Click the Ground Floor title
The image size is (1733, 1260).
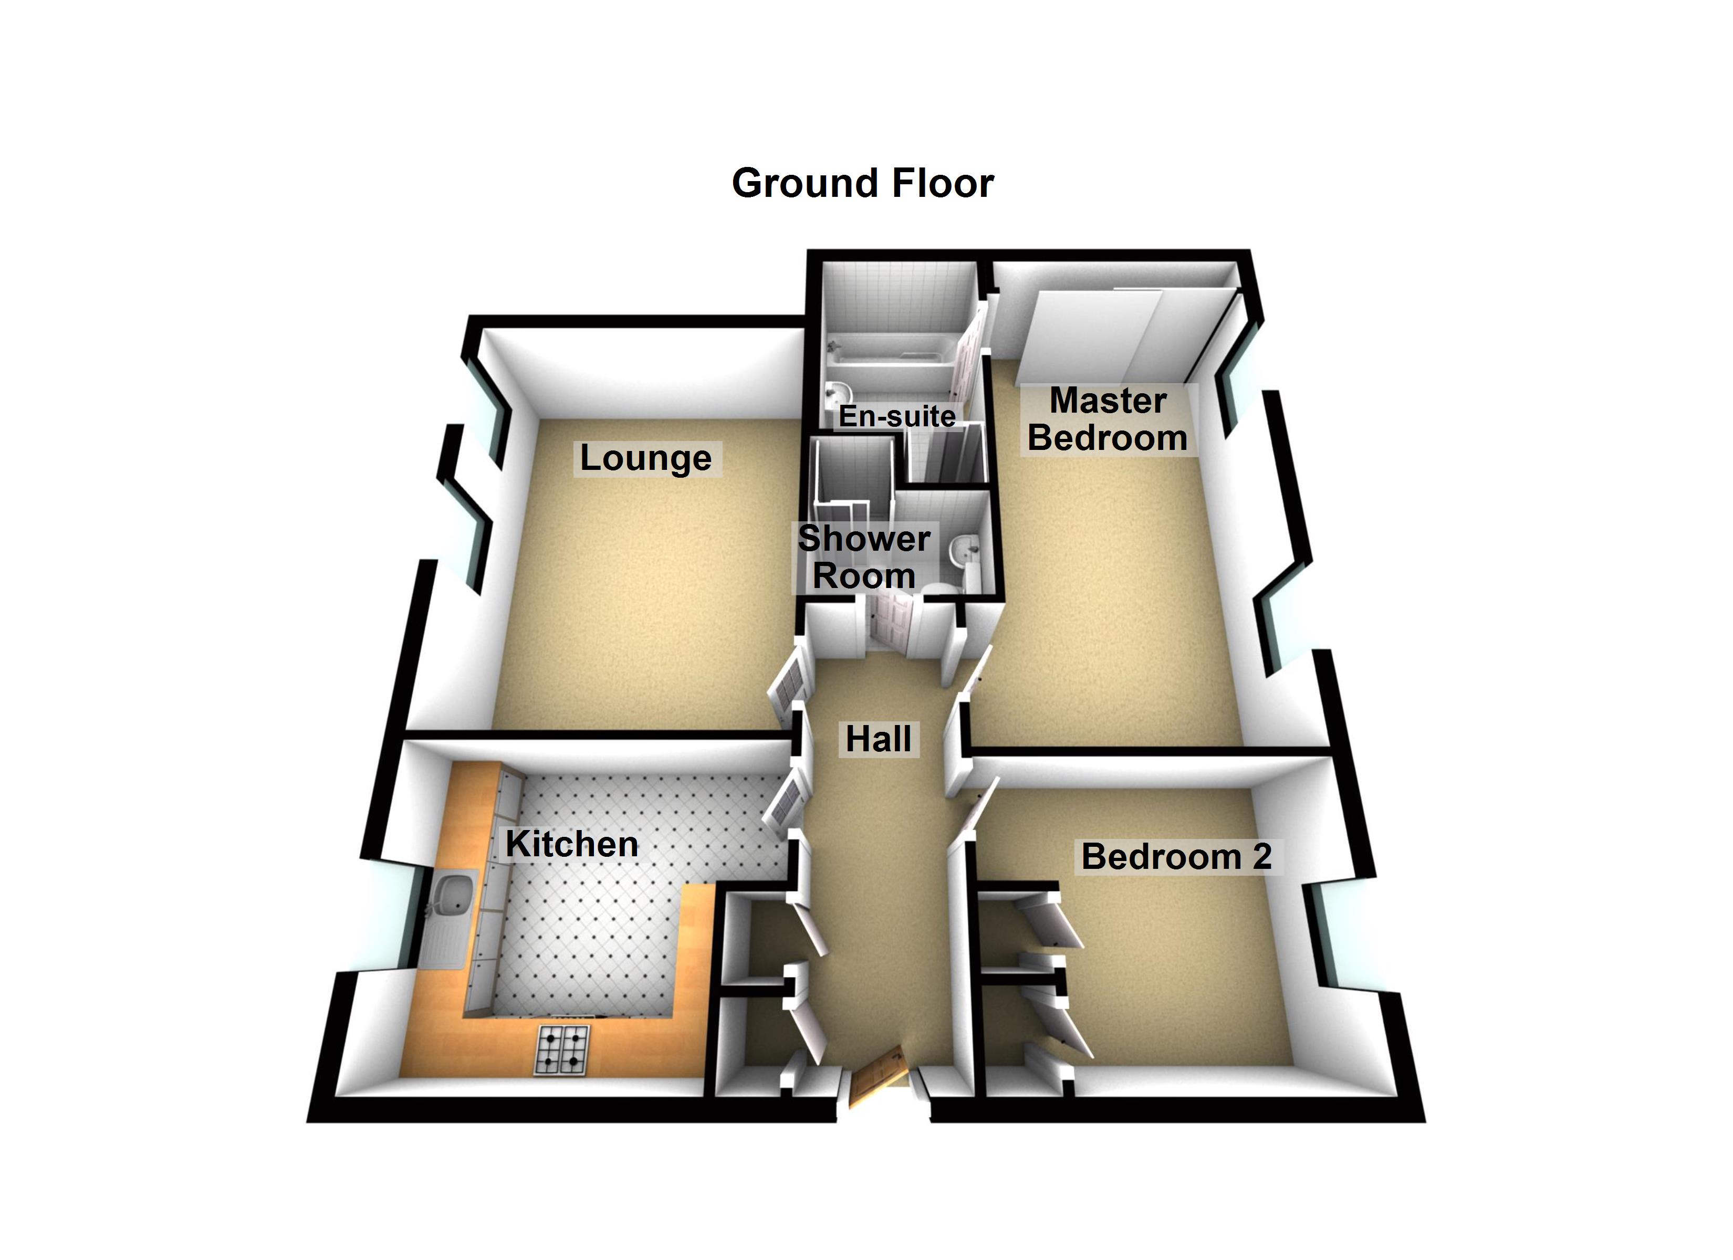coord(863,183)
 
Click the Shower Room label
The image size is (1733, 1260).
coord(864,557)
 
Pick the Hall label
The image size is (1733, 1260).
coord(879,739)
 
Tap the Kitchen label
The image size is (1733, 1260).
coord(571,844)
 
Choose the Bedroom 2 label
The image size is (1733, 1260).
coord(1176,857)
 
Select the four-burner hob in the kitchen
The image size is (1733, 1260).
coord(563,1050)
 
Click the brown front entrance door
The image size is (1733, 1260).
coord(877,1077)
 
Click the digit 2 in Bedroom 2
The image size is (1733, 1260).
coord(1261,857)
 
